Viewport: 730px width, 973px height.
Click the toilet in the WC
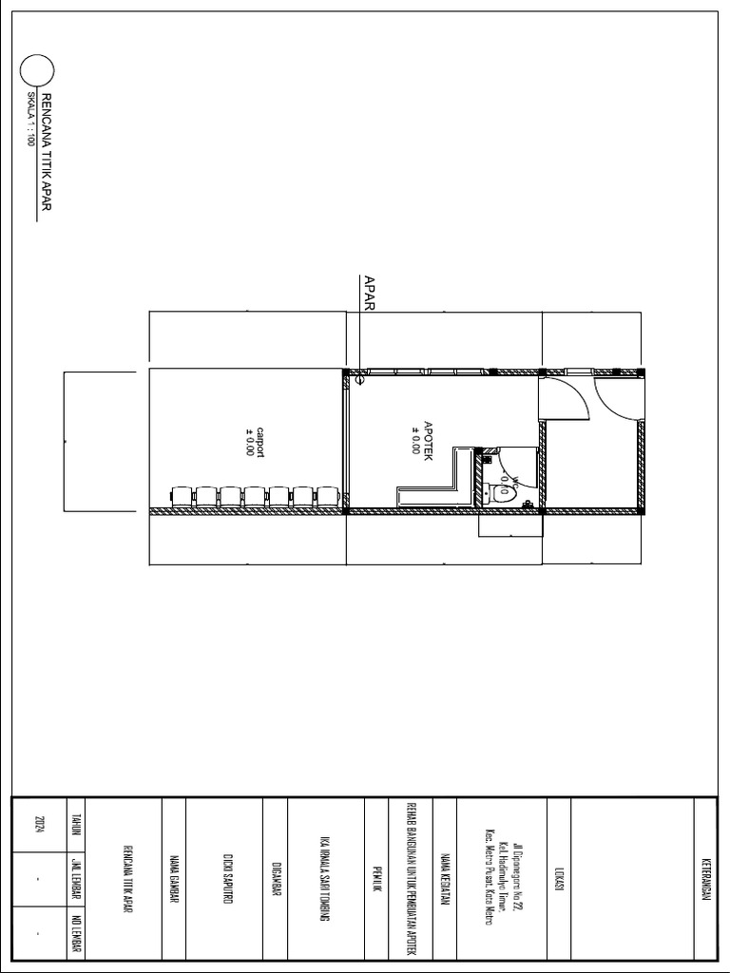click(x=504, y=492)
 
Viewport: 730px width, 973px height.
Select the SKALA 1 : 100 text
click(x=29, y=118)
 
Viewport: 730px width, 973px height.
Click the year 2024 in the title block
click(x=39, y=824)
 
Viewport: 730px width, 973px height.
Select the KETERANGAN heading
click(x=705, y=879)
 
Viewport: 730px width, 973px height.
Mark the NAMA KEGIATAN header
click(x=445, y=879)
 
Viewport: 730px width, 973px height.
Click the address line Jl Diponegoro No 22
click(x=518, y=879)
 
